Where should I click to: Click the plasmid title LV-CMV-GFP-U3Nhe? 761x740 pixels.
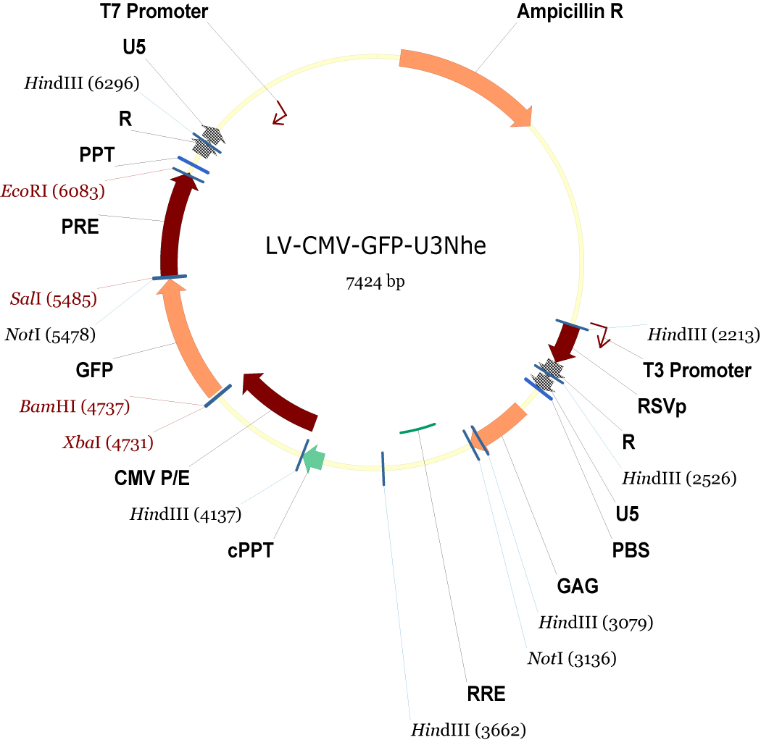tap(375, 246)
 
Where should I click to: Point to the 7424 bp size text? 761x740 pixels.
tap(375, 282)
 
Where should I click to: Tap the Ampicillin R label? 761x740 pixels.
tap(570, 12)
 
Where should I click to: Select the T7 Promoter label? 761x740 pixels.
tap(154, 12)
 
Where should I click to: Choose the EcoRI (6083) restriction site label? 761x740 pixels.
tap(53, 192)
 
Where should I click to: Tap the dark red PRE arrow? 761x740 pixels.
tap(174, 224)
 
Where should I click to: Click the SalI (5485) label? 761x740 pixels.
tap(53, 298)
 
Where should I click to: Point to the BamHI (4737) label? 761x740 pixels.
tap(75, 407)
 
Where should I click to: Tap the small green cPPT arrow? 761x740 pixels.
tap(313, 458)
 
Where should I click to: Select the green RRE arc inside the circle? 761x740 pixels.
tap(417, 428)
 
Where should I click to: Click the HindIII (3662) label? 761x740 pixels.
tap(467, 728)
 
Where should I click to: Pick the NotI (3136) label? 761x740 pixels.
tap(571, 659)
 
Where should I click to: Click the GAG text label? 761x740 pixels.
tap(578, 586)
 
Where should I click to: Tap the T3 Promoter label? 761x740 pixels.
tap(697, 371)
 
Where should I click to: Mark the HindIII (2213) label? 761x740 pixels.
tap(703, 335)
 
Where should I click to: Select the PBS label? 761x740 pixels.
tap(631, 550)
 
